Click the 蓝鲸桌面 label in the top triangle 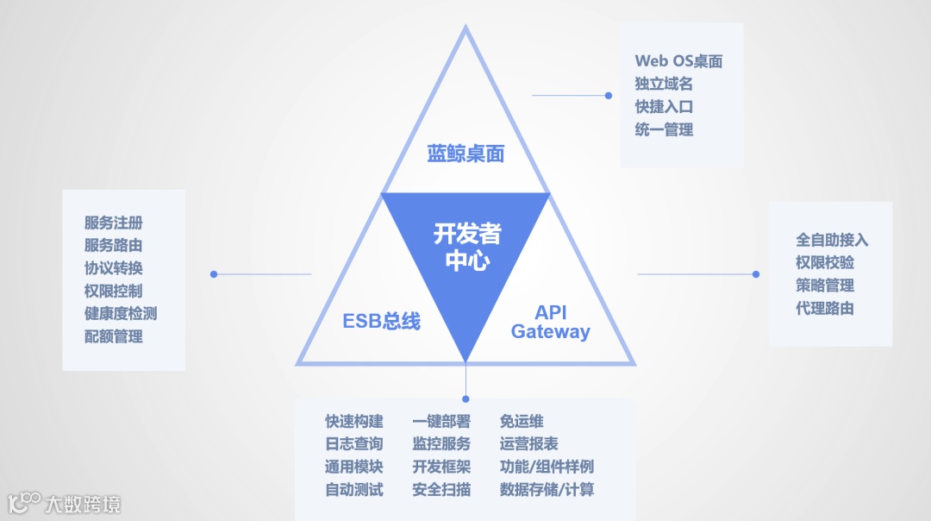point(465,154)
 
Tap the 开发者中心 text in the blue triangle point(466,247)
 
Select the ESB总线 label point(382,322)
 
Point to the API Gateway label point(551,322)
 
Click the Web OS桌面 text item point(678,61)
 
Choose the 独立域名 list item point(664,85)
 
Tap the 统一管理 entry point(664,130)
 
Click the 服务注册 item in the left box point(114,223)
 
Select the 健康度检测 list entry point(121,314)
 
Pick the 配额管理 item point(114,336)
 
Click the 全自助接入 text point(832,240)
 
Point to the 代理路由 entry point(825,308)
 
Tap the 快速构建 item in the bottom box point(354,422)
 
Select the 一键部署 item point(441,422)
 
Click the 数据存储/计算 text point(547,490)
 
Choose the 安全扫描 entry point(441,490)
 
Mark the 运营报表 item point(528,444)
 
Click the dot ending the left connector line point(214,274)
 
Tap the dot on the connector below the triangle point(465,399)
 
